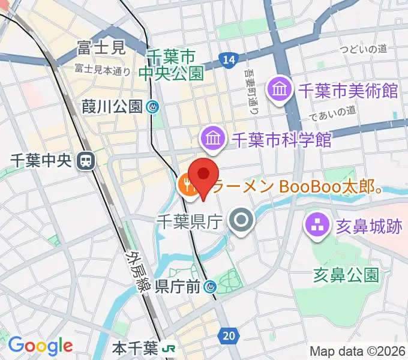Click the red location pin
coord(204,173)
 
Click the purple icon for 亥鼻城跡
coord(316,226)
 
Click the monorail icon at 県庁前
coord(211,287)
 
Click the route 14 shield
coord(227,59)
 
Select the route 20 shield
coord(228,336)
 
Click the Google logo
coord(40,346)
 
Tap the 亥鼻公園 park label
coord(346,275)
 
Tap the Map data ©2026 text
coord(357,351)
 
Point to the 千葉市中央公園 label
coord(171,65)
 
